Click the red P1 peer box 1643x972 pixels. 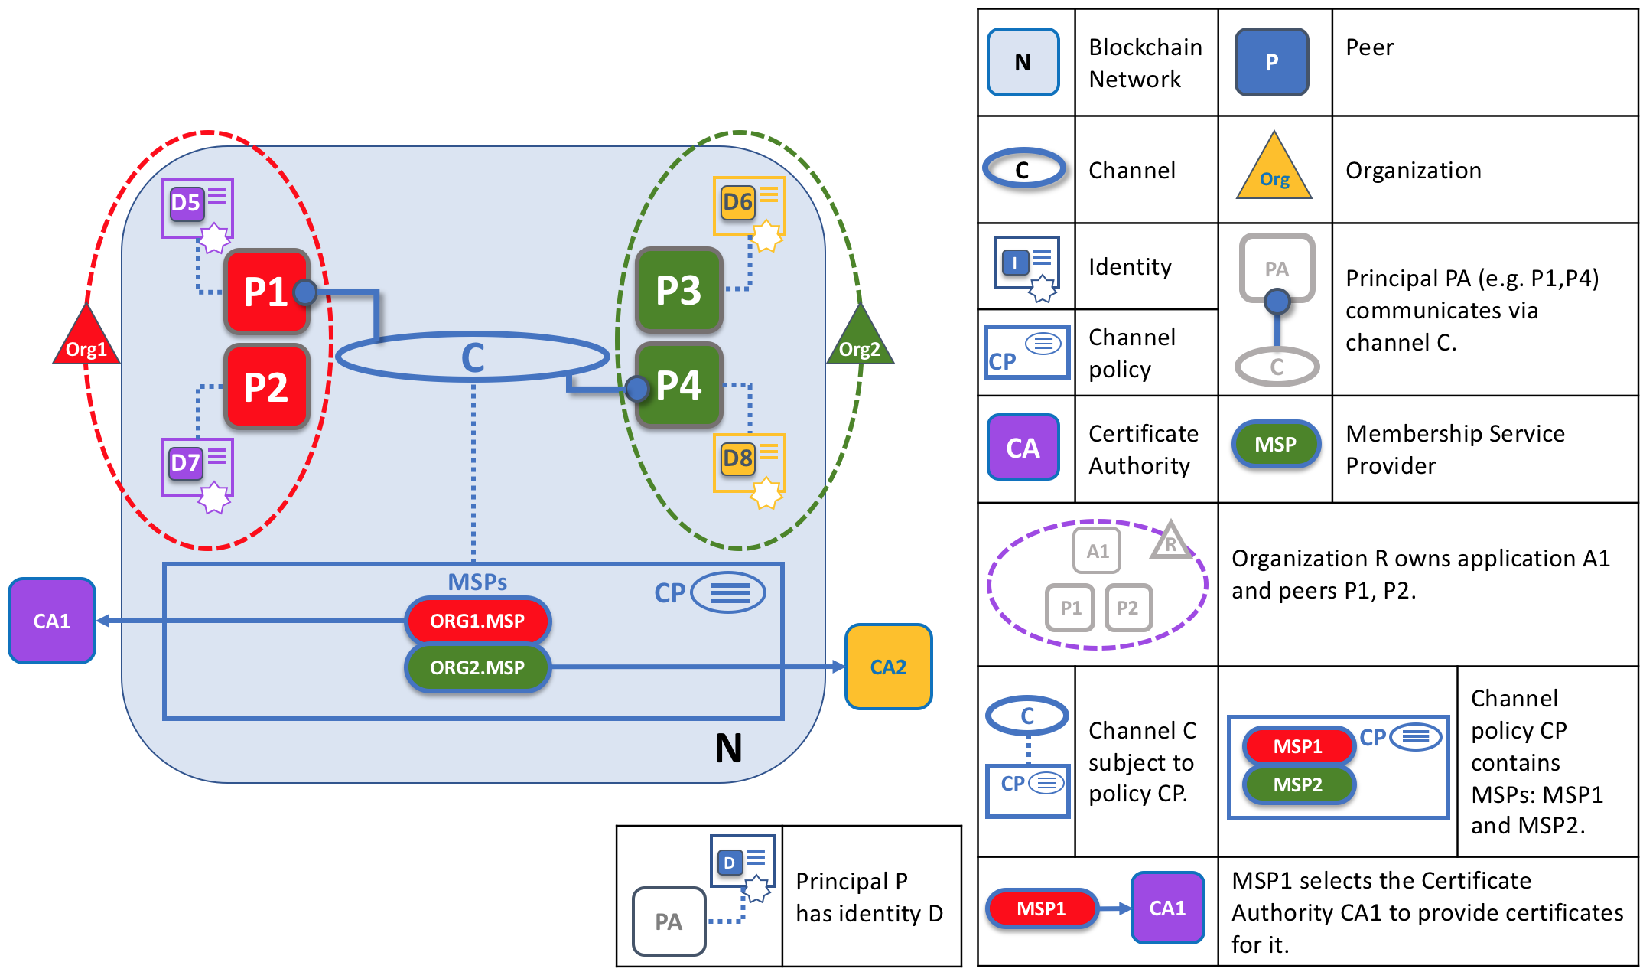[x=265, y=292]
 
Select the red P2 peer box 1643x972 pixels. [x=265, y=387]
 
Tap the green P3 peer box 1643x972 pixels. [x=678, y=290]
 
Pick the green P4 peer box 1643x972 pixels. [x=678, y=385]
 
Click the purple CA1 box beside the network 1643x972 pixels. [x=51, y=621]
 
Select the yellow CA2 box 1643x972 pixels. [x=888, y=667]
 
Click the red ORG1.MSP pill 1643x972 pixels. [x=477, y=621]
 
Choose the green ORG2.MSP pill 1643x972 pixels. [x=477, y=667]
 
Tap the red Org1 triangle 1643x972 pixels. [x=86, y=339]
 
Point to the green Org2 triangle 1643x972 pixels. [x=861, y=339]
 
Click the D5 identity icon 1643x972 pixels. [x=197, y=207]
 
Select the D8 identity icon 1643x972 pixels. [x=749, y=463]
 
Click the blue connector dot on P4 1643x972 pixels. [x=636, y=389]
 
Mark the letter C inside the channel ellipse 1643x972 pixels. [x=473, y=357]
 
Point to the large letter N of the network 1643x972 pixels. [x=728, y=748]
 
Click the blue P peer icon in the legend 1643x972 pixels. [x=1271, y=62]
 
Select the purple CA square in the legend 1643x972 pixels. [x=1023, y=448]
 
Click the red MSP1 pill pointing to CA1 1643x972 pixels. [x=1041, y=908]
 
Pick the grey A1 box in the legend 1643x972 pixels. [x=1097, y=551]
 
